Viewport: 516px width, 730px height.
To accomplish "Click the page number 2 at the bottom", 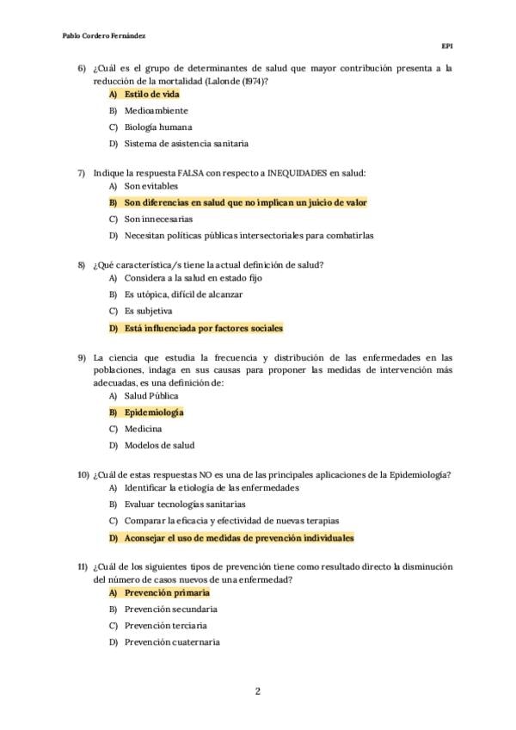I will click(x=257, y=690).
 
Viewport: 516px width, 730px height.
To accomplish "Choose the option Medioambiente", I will click(x=156, y=110).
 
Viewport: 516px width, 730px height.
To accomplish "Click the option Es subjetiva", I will click(x=148, y=311).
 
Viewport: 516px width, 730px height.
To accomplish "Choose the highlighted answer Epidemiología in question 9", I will click(x=154, y=412).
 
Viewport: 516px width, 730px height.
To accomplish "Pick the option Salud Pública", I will click(x=151, y=395).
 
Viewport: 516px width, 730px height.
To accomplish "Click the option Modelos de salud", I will click(x=159, y=445).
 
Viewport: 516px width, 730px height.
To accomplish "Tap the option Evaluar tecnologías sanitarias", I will click(x=184, y=504).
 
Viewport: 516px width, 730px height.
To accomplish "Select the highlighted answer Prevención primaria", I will click(x=166, y=593).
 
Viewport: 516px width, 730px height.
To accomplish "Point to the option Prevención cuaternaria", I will click(x=172, y=642).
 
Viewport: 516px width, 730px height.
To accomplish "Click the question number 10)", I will click(x=83, y=474).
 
